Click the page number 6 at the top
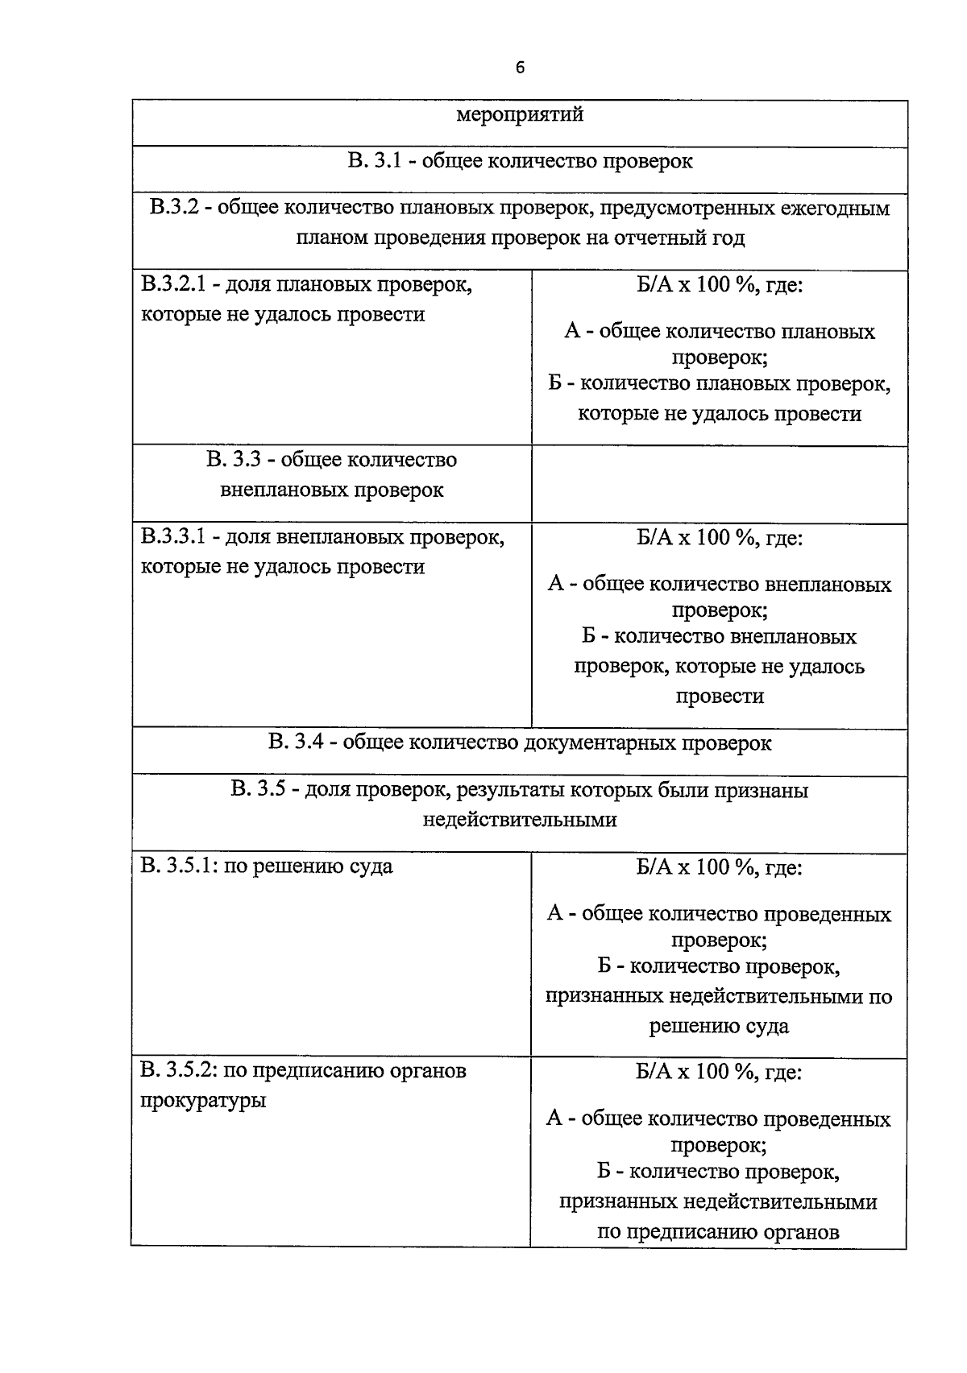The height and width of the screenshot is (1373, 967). (x=520, y=68)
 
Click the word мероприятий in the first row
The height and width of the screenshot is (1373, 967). (x=520, y=114)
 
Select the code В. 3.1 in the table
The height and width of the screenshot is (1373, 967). (x=375, y=161)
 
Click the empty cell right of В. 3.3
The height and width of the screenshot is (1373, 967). (x=719, y=482)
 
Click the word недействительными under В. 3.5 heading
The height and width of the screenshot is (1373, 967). (x=520, y=820)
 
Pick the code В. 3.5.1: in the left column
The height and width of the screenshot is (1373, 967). (x=178, y=867)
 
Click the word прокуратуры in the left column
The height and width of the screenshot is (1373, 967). (x=203, y=1101)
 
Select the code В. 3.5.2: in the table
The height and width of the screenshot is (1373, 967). (x=178, y=1072)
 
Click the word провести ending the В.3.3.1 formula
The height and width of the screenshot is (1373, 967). (x=719, y=696)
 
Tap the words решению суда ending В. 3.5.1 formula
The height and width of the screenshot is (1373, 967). (x=719, y=1026)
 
